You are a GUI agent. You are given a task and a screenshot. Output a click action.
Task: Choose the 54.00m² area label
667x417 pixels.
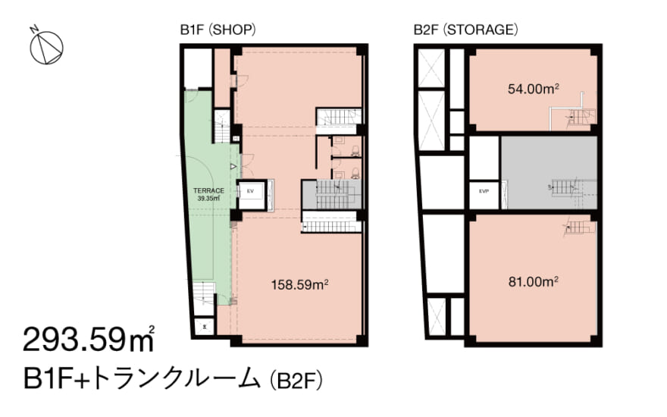(x=534, y=89)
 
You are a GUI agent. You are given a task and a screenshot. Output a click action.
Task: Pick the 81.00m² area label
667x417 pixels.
(x=533, y=281)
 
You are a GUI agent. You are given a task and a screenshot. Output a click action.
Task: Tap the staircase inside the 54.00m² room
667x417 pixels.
(x=577, y=115)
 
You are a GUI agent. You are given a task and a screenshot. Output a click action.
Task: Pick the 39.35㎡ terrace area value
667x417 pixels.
(x=208, y=199)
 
